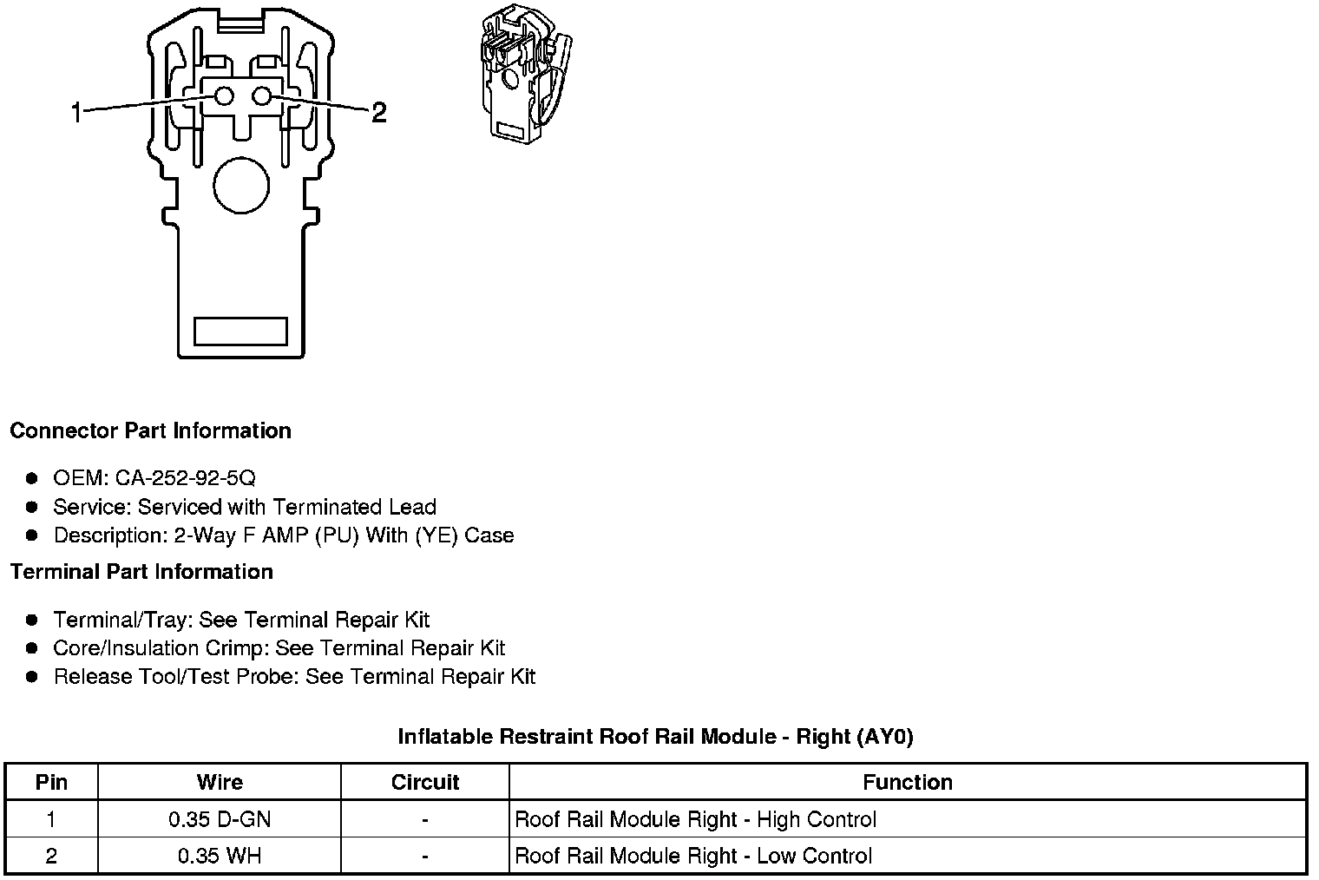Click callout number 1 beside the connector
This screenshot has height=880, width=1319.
coord(76,112)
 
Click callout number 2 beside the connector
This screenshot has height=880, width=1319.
coord(378,112)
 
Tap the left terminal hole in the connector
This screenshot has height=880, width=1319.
coord(224,96)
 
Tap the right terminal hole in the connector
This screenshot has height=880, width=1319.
coord(262,96)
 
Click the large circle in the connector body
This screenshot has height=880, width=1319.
coord(241,186)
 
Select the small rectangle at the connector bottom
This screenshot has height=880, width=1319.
coord(240,331)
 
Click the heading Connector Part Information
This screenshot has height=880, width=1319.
coord(150,431)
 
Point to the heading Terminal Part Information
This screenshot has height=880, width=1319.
coord(141,572)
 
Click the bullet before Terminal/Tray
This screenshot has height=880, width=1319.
coord(32,620)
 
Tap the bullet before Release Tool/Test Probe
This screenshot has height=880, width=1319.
coord(32,677)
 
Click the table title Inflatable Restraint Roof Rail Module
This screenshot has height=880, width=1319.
coord(655,737)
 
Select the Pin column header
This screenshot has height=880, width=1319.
coord(51,782)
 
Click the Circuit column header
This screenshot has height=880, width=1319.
coord(425,782)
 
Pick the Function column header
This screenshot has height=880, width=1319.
coord(908,782)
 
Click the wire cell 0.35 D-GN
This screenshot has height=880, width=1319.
coord(220,819)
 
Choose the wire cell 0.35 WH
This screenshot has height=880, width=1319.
coord(220,856)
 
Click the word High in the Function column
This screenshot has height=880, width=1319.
coord(778,819)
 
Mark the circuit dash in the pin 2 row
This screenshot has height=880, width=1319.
coord(425,856)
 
